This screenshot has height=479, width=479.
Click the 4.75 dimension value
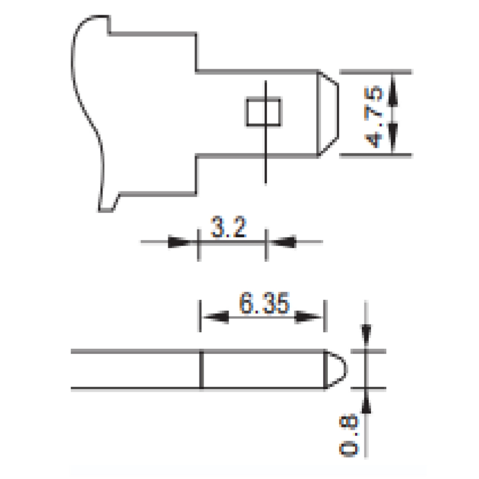pos(373,117)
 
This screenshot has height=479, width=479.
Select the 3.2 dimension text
pos(228,227)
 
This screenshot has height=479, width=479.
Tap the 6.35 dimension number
pos(264,303)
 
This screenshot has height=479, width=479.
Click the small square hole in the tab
pos(263,112)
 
